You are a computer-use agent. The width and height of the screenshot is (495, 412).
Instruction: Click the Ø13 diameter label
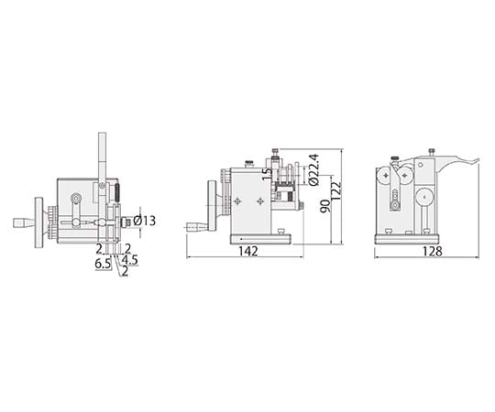(144, 221)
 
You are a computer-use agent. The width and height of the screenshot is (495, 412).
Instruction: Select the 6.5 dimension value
(103, 264)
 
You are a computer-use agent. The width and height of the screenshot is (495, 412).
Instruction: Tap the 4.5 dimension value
(130, 260)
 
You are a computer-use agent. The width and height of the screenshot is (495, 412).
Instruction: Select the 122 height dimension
(335, 190)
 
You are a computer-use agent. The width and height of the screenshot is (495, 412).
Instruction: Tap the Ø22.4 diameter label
(313, 169)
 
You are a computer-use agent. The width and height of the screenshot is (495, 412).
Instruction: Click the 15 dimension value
(267, 174)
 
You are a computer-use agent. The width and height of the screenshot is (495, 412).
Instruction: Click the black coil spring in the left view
(116, 192)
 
